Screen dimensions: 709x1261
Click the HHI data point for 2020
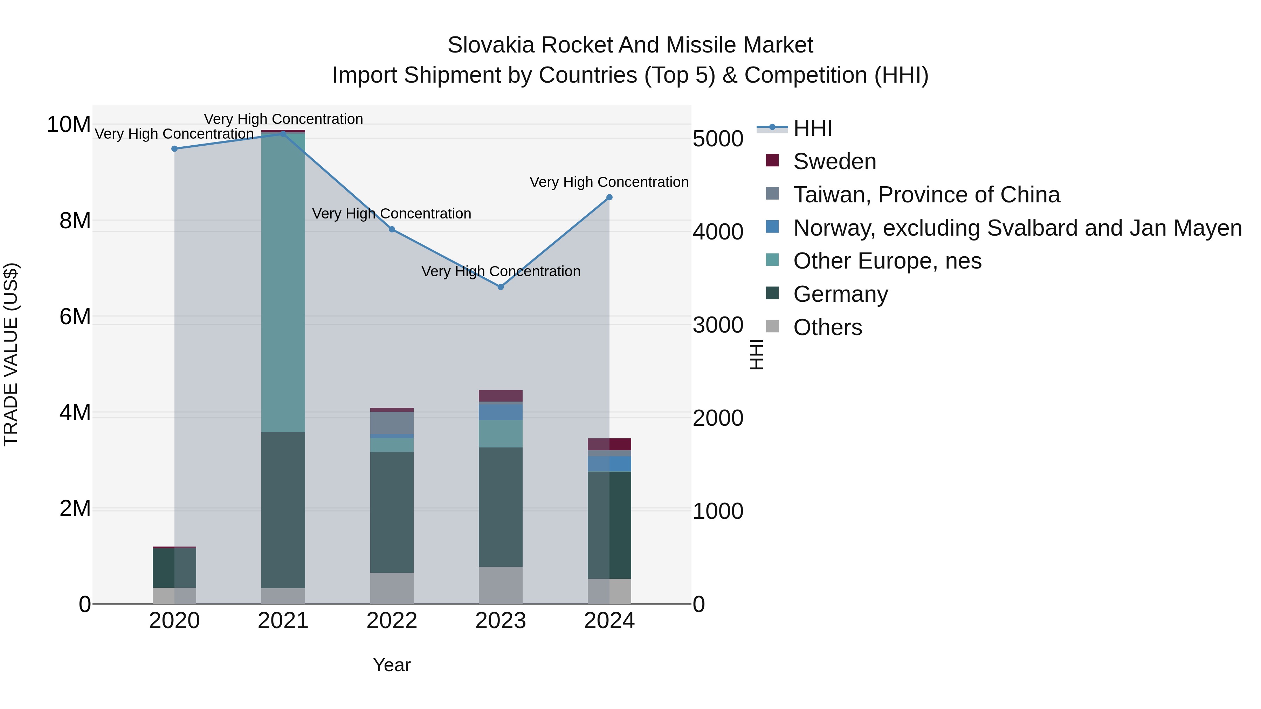click(x=174, y=149)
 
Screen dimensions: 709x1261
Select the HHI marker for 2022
click(x=392, y=229)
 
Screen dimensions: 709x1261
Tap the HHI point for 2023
click(x=500, y=287)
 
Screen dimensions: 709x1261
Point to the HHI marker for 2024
click(x=609, y=198)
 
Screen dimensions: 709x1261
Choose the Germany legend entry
click(x=840, y=294)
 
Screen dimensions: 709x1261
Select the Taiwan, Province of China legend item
click(x=926, y=195)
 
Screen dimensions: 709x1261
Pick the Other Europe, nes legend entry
click(x=887, y=261)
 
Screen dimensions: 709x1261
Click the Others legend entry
click(x=827, y=327)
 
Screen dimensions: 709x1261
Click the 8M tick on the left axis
click(x=75, y=221)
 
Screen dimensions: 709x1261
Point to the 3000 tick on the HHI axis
click(x=718, y=325)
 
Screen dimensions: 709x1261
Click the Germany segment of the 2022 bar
click(x=392, y=512)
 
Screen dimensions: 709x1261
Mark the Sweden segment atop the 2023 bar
click(x=500, y=396)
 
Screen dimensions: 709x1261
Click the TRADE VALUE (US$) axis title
click(x=11, y=354)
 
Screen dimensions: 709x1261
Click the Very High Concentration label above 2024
click(x=609, y=182)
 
